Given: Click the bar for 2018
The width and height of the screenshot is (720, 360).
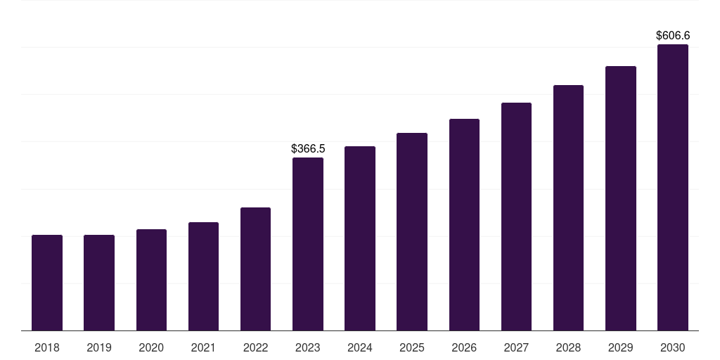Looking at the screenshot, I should (47, 283).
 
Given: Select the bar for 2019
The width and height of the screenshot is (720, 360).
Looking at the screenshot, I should (99, 283).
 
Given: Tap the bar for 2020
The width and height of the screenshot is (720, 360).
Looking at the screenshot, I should (151, 280).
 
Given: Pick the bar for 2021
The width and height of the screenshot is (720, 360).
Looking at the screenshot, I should (203, 276).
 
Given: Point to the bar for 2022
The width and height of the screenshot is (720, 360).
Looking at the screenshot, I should (255, 269).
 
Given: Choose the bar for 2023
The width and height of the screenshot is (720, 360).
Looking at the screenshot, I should (308, 244).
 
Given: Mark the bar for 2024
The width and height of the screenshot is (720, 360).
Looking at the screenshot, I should (360, 238).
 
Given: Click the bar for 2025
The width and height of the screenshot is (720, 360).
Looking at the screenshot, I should (412, 231).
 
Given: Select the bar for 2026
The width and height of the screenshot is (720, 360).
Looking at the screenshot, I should (464, 224).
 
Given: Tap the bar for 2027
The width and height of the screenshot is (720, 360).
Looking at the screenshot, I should (516, 217).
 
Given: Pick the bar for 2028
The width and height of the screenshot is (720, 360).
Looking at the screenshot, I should (568, 207).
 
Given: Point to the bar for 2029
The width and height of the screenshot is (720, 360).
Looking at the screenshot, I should (620, 198).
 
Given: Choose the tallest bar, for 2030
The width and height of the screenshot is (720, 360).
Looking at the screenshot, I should (673, 187).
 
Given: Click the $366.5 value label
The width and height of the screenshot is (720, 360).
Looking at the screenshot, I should (308, 149).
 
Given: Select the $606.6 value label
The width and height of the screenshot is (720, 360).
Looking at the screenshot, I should (673, 35).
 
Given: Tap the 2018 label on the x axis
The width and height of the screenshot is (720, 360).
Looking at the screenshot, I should (47, 347).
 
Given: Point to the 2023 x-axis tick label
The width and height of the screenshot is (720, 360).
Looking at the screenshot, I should (308, 347).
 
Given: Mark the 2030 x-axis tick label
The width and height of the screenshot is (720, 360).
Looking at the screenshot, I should (673, 347).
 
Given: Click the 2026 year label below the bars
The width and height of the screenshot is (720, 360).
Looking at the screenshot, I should (464, 347).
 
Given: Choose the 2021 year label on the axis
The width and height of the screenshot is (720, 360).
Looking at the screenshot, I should (203, 347).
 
